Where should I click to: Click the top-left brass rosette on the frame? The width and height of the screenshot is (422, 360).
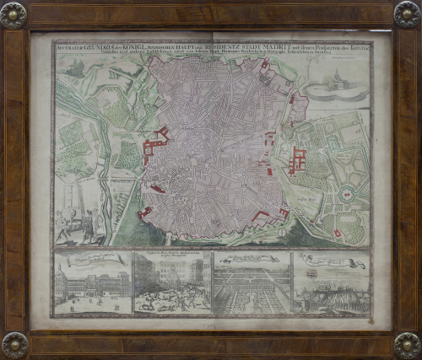tap(14, 14)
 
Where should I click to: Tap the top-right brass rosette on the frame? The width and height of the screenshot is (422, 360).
tap(407, 14)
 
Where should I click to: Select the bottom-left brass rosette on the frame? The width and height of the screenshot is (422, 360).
tap(14, 344)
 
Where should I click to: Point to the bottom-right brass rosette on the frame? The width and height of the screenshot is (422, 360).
tap(407, 344)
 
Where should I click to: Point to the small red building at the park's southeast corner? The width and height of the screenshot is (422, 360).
tap(337, 233)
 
